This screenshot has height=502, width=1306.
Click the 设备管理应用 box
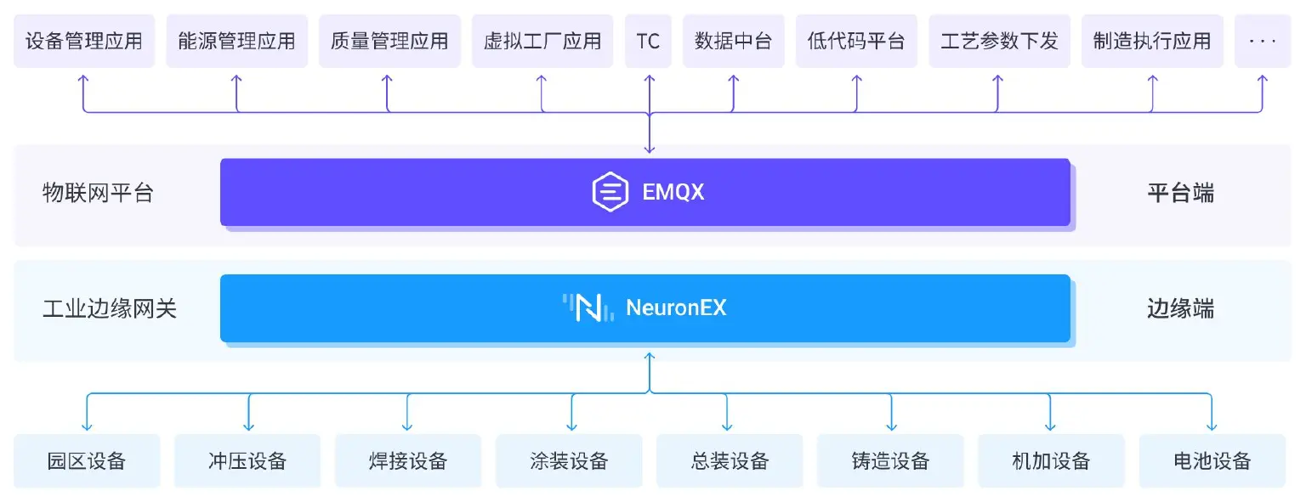(84, 41)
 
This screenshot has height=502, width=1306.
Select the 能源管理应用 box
(236, 41)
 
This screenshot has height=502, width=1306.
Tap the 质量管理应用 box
(389, 41)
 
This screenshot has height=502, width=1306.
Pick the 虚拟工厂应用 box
(542, 41)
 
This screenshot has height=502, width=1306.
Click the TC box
(648, 41)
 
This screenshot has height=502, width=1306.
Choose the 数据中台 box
(733, 41)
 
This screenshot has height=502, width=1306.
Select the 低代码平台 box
(856, 41)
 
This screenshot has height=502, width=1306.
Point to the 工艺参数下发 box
(1000, 41)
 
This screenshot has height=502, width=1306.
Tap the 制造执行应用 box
(1152, 41)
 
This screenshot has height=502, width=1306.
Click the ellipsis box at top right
(1263, 41)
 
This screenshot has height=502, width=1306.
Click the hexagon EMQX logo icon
(610, 192)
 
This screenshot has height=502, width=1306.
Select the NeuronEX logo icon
(588, 307)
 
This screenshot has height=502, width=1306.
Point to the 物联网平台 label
(98, 193)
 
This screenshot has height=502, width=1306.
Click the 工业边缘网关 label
(110, 308)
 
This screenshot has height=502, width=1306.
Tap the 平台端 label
(1180, 193)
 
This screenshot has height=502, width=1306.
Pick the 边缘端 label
(1180, 308)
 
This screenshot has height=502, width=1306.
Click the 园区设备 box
(87, 461)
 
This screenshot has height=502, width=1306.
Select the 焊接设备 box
(408, 461)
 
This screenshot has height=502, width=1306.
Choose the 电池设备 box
(1212, 461)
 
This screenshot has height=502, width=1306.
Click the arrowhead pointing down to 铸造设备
(890, 425)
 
